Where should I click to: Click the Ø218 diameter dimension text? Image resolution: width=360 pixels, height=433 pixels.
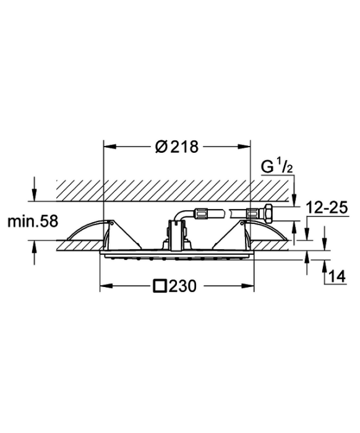[177, 147]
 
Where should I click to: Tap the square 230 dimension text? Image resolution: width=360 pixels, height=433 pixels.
[174, 286]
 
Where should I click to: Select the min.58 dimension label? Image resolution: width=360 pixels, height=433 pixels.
[33, 221]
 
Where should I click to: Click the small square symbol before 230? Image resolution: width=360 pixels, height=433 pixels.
[160, 286]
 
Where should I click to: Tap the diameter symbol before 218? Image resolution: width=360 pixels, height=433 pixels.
[161, 147]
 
